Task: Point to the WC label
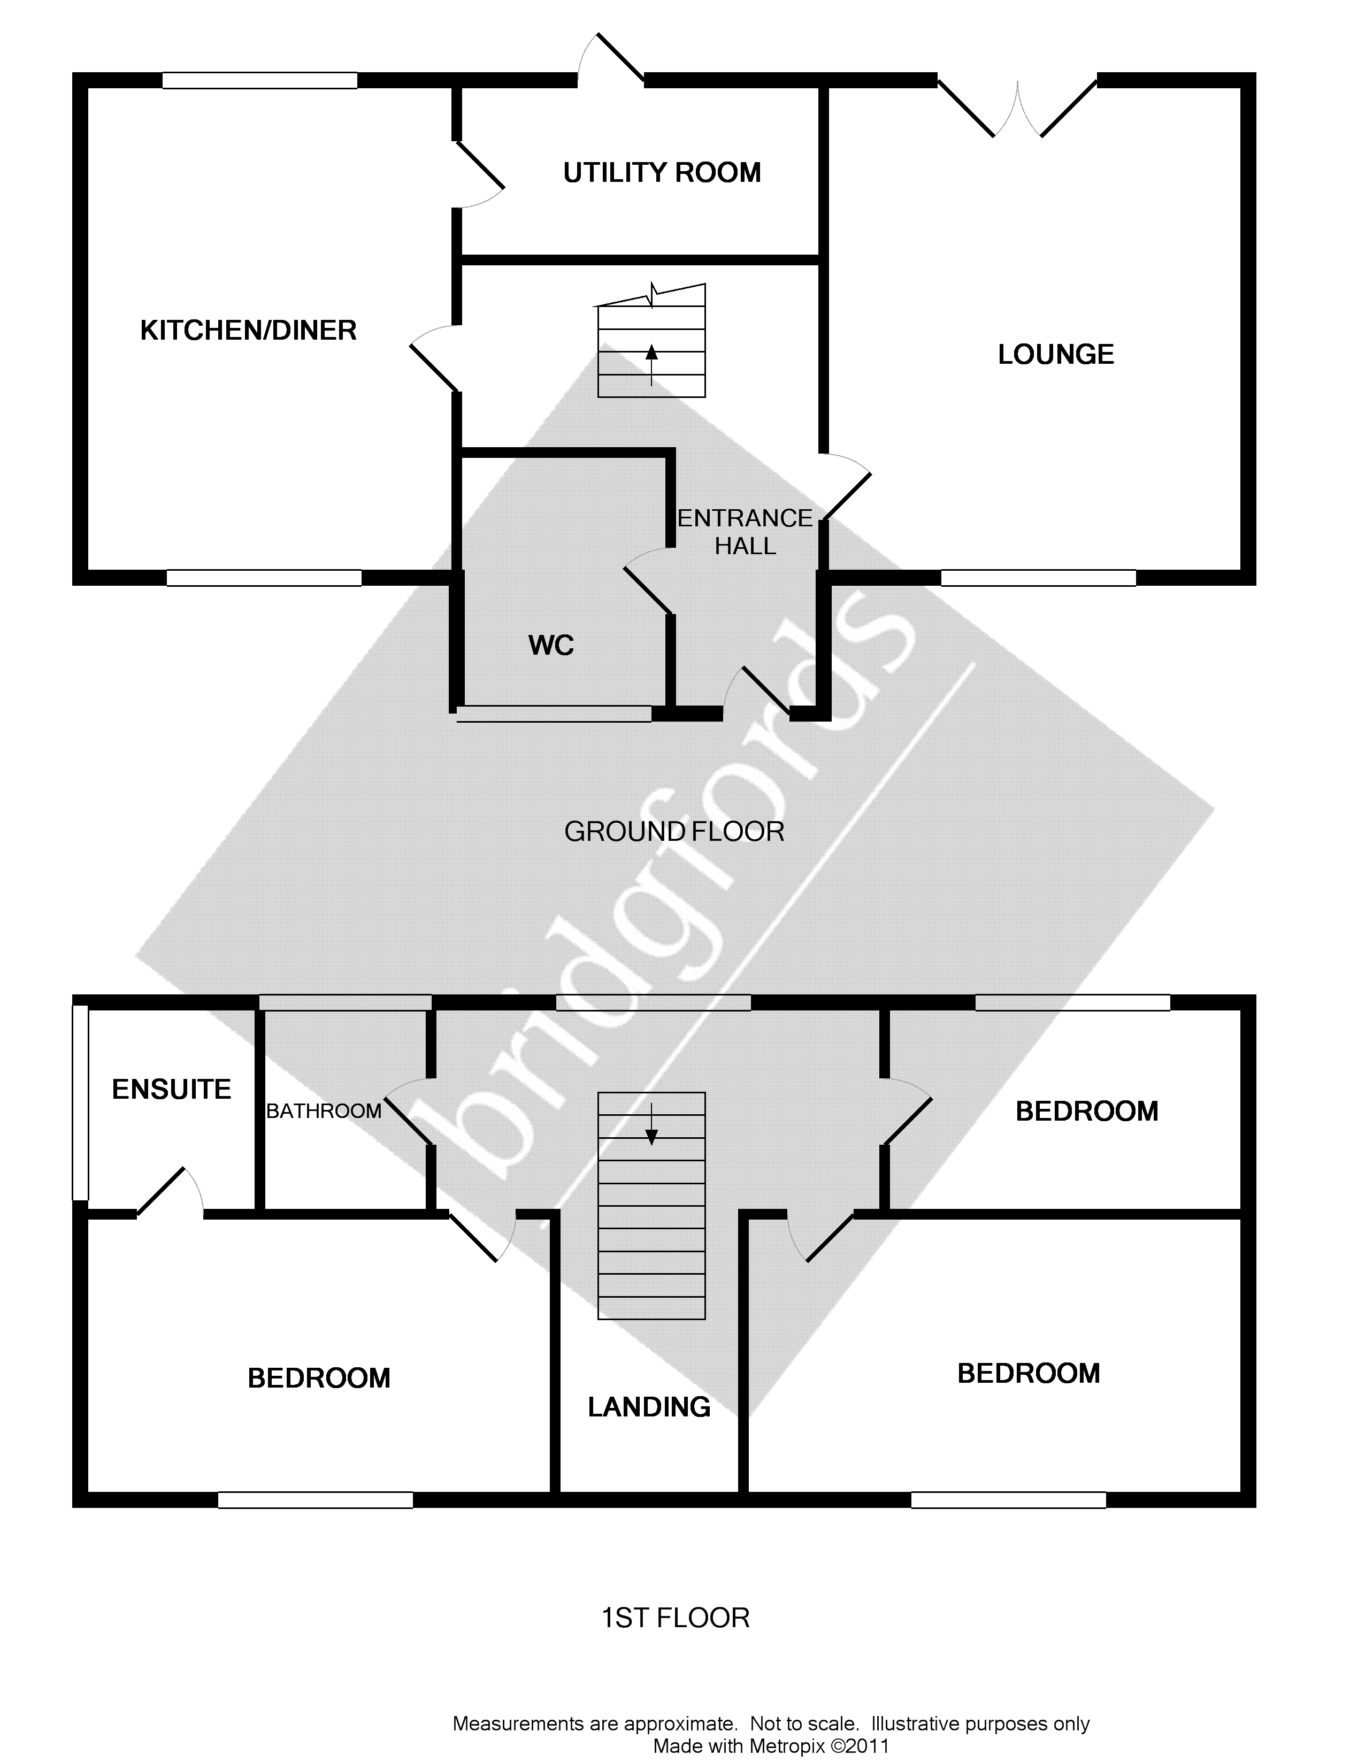click(x=551, y=645)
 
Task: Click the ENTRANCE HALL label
click(x=745, y=532)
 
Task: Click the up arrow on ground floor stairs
click(x=651, y=354)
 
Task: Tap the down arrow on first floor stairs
click(x=651, y=1133)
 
